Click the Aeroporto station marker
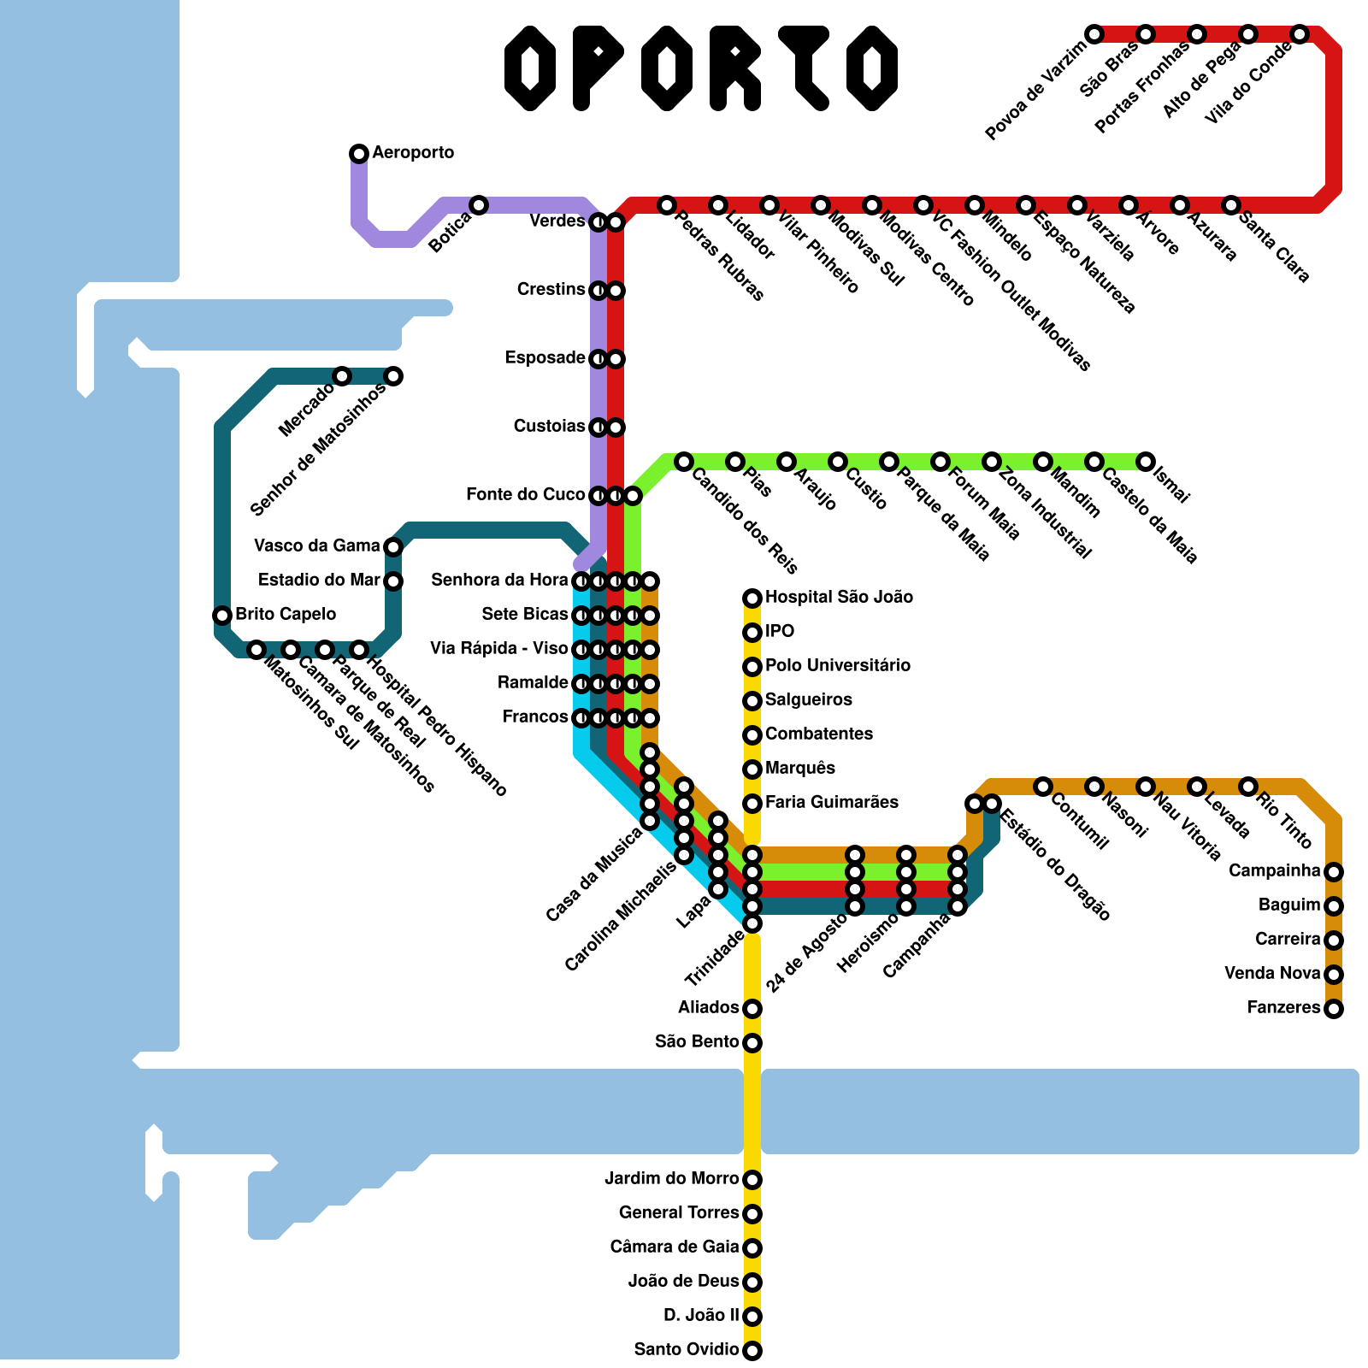tap(359, 154)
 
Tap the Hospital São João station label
tap(839, 597)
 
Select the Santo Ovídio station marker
tap(752, 1351)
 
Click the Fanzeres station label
tap(1283, 1007)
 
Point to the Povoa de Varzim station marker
tap(1094, 34)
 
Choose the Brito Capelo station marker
tap(222, 616)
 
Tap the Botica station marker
tap(479, 205)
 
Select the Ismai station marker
tap(1146, 462)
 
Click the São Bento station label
tap(697, 1041)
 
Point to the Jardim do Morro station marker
tap(752, 1180)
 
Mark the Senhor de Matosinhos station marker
tap(393, 376)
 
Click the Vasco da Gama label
tap(316, 545)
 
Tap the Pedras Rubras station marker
tap(667, 205)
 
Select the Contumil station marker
tap(1043, 787)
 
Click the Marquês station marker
tap(752, 769)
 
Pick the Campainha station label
tap(1274, 870)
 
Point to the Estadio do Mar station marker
tap(393, 581)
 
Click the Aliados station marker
tap(752, 1009)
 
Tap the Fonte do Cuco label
tap(525, 494)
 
